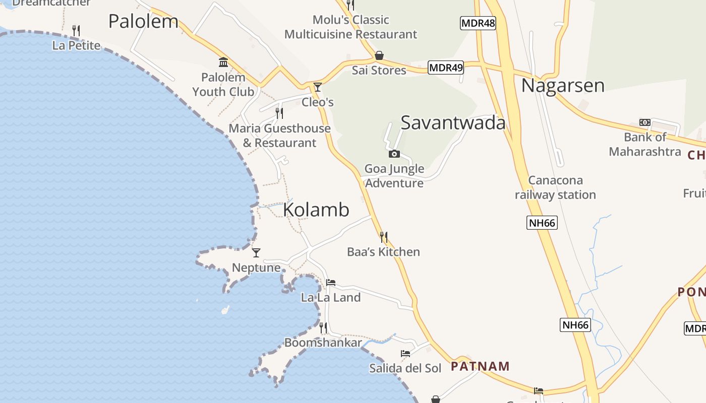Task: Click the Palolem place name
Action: (143, 21)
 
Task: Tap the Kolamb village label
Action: (316, 210)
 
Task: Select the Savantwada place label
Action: (453, 122)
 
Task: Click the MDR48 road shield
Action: (478, 23)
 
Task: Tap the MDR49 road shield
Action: (445, 67)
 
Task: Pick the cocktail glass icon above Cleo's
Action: (318, 87)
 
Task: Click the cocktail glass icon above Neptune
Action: (256, 253)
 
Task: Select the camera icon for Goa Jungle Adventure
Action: (394, 154)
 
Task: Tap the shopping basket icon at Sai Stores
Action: (379, 55)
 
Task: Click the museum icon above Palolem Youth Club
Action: (223, 62)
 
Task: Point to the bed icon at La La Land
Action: (331, 283)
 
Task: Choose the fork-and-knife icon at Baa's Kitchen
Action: (384, 237)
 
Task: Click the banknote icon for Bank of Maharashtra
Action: (644, 122)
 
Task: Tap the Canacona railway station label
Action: (555, 187)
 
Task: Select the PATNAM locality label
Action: (480, 366)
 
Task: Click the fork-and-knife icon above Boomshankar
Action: (323, 328)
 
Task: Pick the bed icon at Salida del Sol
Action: (405, 353)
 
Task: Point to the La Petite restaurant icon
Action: (76, 31)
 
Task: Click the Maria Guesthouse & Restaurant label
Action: (279, 136)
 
